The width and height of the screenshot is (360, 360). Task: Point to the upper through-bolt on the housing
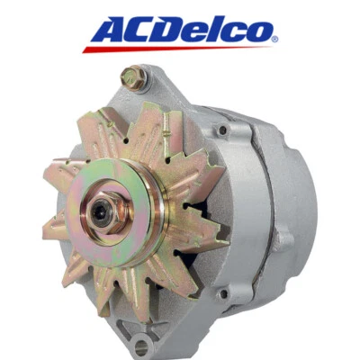pyautogui.click(x=221, y=130)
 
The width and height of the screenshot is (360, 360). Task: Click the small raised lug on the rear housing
pyautogui.click(x=286, y=240)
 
